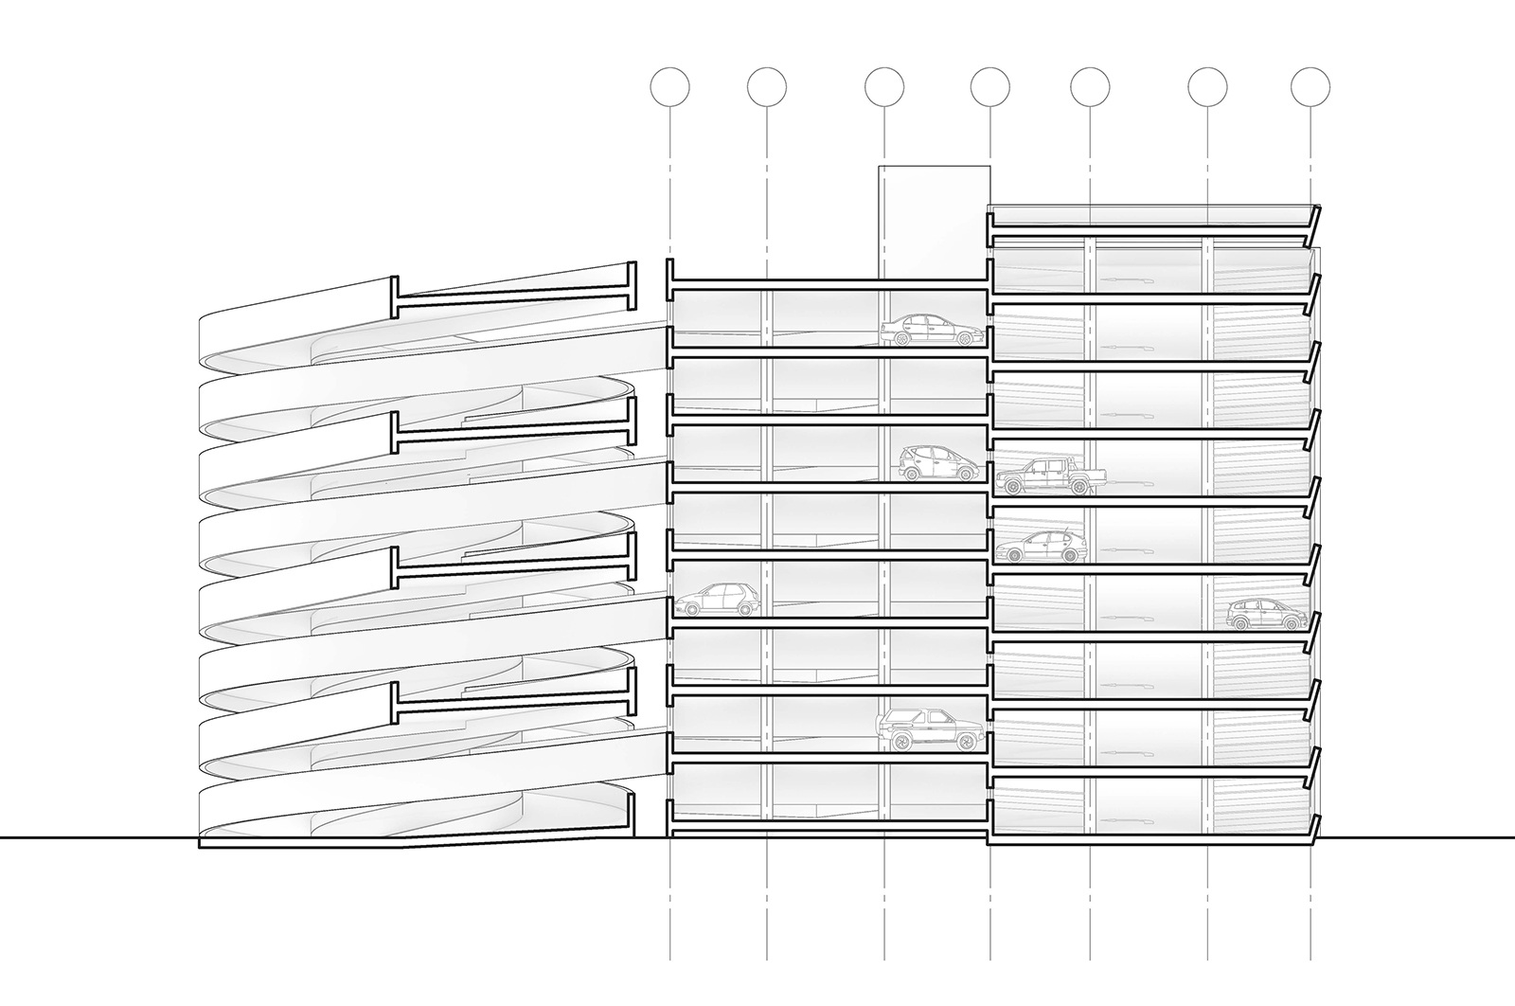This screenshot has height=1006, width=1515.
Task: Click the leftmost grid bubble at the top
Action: [x=670, y=87]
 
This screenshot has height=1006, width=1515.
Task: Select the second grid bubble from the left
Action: [x=767, y=87]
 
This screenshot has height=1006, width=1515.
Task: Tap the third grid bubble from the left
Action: [x=884, y=87]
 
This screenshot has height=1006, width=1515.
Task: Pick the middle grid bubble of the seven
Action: [x=990, y=87]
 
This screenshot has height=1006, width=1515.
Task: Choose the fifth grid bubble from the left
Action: [x=1091, y=87]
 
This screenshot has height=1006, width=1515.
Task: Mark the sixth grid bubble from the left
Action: [x=1208, y=87]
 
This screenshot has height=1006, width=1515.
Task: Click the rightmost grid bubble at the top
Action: [x=1310, y=87]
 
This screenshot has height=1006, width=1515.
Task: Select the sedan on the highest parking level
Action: [x=932, y=332]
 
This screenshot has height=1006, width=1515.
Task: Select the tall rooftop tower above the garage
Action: [x=934, y=223]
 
